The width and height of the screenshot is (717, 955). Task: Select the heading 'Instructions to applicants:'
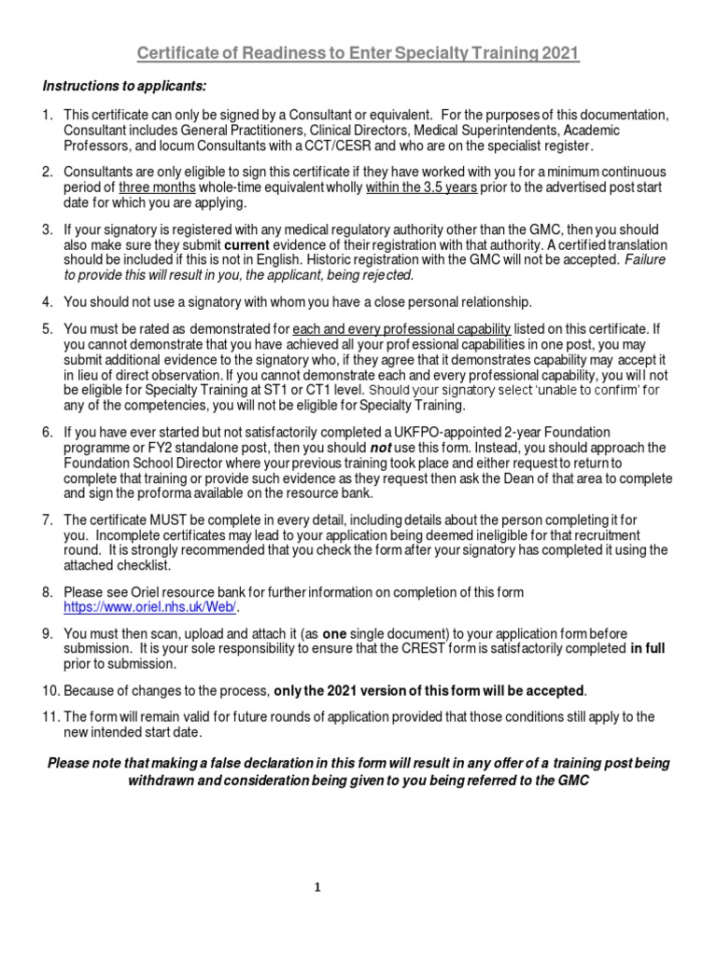[x=124, y=86]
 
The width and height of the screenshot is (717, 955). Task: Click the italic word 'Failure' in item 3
[x=646, y=260]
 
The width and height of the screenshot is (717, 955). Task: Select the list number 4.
[x=48, y=302]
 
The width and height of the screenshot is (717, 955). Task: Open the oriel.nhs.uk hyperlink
[x=151, y=607]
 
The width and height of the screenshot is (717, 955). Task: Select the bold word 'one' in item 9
[x=334, y=632]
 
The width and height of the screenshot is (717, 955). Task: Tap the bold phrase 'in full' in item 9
[x=648, y=647]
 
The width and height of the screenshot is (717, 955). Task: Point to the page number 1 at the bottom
[x=317, y=888]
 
